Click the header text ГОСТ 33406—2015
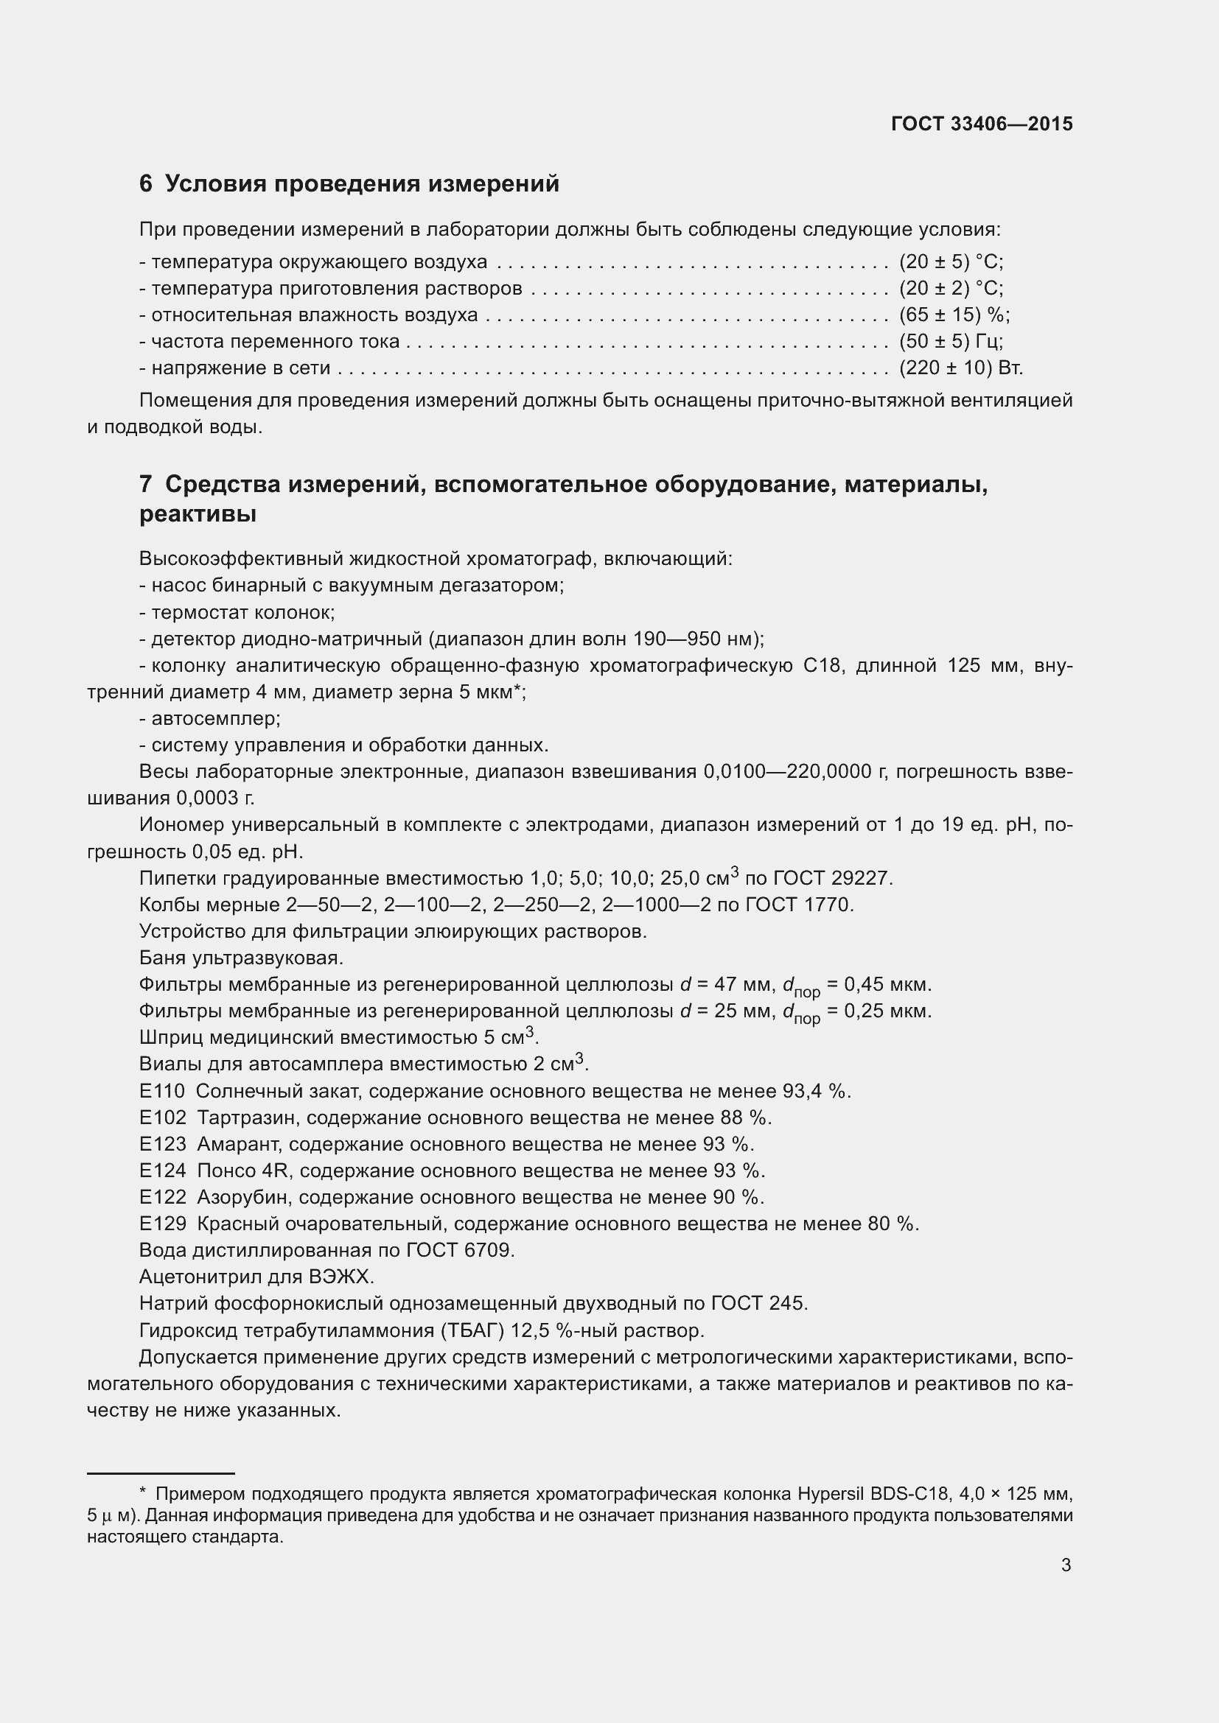click(x=982, y=124)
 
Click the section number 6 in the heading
click(x=146, y=184)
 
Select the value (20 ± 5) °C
click(x=950, y=262)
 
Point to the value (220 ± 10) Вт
click(x=961, y=368)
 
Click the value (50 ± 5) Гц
click(x=950, y=342)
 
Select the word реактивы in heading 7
click(x=198, y=515)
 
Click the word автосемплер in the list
click(x=214, y=718)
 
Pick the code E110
click(x=161, y=1090)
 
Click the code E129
click(x=162, y=1224)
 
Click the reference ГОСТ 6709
click(x=459, y=1250)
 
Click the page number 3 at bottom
click(x=1066, y=1565)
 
